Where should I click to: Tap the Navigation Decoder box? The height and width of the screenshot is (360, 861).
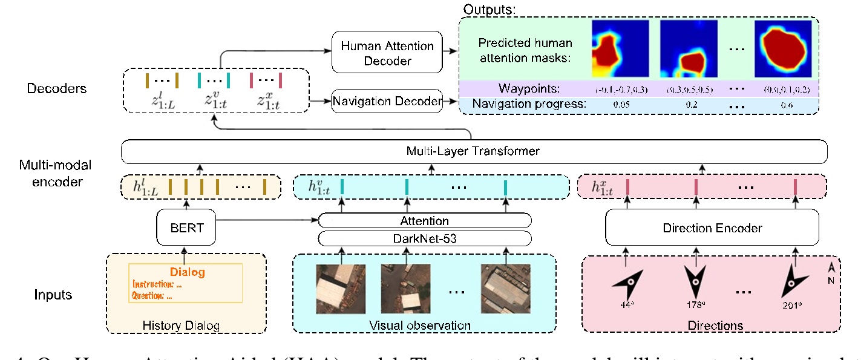(x=387, y=101)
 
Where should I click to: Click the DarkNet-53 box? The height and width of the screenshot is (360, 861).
(x=424, y=238)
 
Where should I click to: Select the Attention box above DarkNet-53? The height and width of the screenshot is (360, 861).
(x=424, y=220)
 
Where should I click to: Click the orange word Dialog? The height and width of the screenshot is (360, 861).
(x=187, y=272)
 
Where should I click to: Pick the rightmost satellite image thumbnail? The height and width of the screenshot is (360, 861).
(x=505, y=289)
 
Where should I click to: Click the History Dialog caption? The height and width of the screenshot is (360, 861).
(x=180, y=326)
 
